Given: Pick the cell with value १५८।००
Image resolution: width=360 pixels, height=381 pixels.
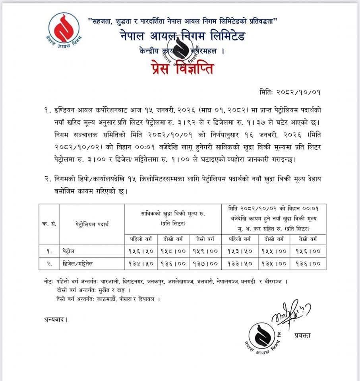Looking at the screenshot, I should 173,251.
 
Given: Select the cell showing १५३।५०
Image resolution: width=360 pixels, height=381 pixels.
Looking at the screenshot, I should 239,251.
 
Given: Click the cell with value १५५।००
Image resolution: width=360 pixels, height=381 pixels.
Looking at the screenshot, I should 274,251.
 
